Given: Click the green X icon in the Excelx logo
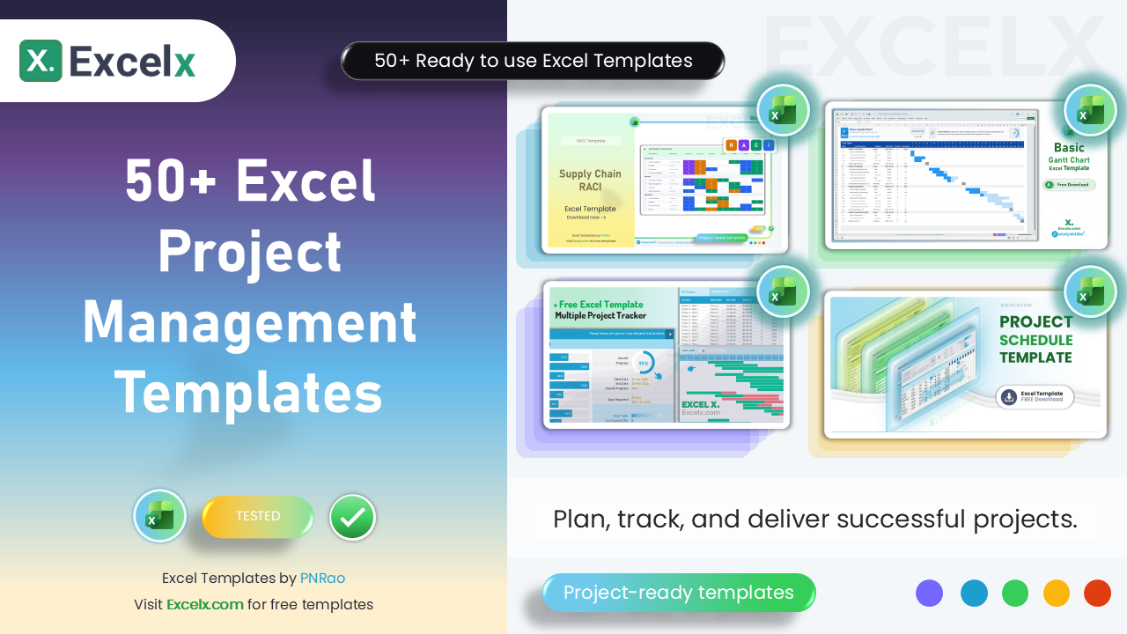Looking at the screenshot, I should coord(41,61).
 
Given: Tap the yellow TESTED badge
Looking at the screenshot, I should coord(258,517).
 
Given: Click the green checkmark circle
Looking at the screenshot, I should coord(352,518).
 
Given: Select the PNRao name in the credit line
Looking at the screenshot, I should coord(322,579).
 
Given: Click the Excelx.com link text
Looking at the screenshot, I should coord(204,605).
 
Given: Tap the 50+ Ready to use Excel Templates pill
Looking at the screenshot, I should coord(533,61).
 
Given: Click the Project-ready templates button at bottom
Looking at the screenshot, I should coord(679,593).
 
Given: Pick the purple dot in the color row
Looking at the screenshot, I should coord(929,593).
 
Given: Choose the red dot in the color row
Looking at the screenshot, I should coord(1097,593).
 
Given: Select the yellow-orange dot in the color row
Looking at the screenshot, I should coord(1056,593).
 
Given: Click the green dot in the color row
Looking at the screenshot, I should coord(1014,593).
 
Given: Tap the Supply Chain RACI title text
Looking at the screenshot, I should coord(590,180).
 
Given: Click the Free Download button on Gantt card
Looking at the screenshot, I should coord(1069,185).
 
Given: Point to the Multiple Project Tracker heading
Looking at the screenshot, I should coord(600,315).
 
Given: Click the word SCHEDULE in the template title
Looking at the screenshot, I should coord(1035,340).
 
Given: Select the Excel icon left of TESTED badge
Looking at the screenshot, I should coord(160,516).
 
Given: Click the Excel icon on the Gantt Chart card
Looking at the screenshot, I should coord(1090,111).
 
